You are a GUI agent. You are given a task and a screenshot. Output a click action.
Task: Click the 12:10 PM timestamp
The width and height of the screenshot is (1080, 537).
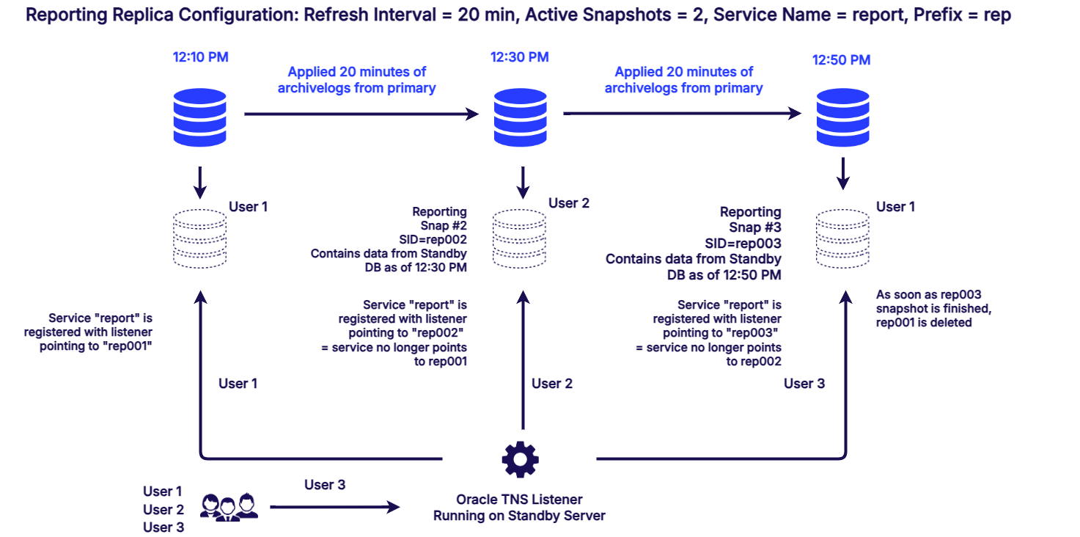click(201, 57)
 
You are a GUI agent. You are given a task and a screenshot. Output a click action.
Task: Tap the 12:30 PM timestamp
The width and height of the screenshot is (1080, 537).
click(520, 57)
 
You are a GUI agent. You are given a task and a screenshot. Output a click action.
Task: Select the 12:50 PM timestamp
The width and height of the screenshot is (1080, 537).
click(841, 60)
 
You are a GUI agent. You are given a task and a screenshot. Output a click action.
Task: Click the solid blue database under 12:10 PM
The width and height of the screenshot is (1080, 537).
click(200, 117)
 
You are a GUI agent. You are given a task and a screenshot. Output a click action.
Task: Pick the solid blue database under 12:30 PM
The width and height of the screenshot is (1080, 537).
click(521, 117)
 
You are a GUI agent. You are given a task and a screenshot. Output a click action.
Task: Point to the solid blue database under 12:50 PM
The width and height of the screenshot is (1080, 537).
click(842, 117)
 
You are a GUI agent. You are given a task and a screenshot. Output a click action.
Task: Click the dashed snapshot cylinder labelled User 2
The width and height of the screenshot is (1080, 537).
click(519, 238)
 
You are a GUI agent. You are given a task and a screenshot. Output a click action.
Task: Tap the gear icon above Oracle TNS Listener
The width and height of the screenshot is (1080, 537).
click(521, 459)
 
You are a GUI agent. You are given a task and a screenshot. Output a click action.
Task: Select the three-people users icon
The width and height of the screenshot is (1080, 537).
click(229, 507)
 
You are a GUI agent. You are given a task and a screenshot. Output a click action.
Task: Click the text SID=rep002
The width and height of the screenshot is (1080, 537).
click(433, 239)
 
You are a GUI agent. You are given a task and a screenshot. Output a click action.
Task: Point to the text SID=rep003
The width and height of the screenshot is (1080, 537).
click(743, 243)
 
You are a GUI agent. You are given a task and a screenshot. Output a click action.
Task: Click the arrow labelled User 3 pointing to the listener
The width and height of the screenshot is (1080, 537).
click(334, 507)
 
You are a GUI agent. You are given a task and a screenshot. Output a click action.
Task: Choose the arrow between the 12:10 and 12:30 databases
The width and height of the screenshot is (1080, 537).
click(361, 114)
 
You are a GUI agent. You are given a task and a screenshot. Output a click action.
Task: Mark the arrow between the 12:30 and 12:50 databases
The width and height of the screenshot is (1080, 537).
click(682, 114)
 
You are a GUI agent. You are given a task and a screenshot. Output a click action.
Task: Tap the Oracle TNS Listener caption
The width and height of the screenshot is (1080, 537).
click(519, 507)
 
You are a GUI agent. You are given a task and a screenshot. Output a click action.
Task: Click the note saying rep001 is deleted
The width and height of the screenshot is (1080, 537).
click(933, 308)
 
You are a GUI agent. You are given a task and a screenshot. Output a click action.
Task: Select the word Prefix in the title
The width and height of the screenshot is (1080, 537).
click(938, 15)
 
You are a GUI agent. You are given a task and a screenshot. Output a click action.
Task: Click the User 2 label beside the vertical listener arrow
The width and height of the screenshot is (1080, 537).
click(552, 384)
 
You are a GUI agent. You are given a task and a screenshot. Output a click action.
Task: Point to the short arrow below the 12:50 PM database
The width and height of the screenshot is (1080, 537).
click(842, 173)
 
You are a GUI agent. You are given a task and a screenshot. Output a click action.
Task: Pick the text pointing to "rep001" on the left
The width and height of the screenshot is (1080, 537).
click(95, 346)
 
